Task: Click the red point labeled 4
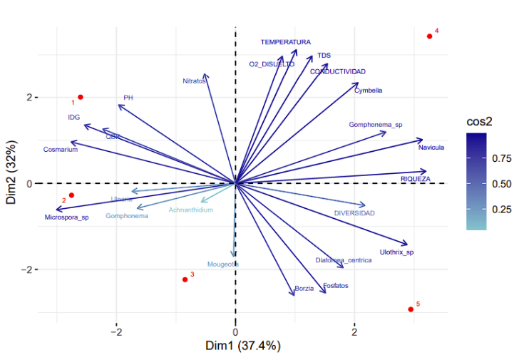tap(429, 36)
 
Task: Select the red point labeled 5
tap(411, 309)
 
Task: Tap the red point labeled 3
tap(185, 279)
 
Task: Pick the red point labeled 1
tap(81, 97)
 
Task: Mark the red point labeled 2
tap(71, 195)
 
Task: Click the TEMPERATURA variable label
tap(285, 42)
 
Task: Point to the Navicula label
tap(431, 148)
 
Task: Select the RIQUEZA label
tap(415, 179)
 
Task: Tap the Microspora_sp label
tap(66, 217)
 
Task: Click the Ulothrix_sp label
tap(396, 252)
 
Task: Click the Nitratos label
tap(194, 81)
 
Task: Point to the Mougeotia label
tap(222, 264)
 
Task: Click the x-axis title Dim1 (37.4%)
tap(243, 346)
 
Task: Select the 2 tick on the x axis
tap(354, 331)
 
